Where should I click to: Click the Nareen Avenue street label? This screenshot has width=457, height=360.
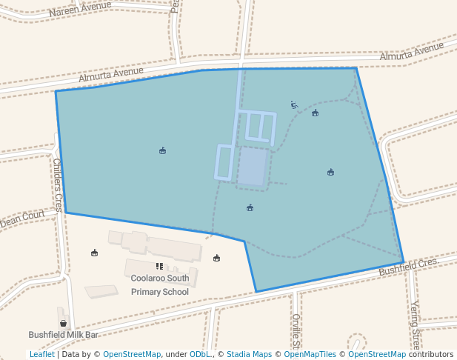coord(80,9)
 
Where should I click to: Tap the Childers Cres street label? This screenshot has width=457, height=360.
coord(58,184)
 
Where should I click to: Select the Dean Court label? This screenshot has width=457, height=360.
coord(22,219)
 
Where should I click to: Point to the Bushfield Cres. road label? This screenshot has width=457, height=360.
coord(410,267)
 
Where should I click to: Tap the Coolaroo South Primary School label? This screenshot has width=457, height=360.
coord(160,285)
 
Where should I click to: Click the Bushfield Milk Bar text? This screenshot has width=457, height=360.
coord(64,335)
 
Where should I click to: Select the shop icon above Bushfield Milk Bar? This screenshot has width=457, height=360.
coord(63,323)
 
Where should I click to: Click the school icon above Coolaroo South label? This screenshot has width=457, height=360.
coord(159,266)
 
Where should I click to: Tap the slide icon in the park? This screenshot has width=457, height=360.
coord(294,105)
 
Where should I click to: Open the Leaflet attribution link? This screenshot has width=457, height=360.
coord(42,355)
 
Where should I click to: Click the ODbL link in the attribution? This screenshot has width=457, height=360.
coord(199,355)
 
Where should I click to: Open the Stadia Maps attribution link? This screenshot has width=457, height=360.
coord(249,355)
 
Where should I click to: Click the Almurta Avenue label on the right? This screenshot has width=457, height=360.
coord(412,53)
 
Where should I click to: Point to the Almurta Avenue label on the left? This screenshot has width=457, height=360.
coord(111,74)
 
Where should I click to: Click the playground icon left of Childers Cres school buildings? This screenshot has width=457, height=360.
coord(94,253)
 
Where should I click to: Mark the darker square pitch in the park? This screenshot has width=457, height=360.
coord(252,167)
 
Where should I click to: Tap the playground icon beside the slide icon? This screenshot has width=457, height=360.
coord(316,113)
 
